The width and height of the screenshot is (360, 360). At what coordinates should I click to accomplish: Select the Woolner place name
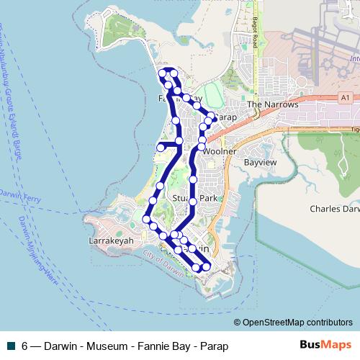(x=220, y=153)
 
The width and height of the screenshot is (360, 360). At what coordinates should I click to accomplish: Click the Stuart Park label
(x=195, y=197)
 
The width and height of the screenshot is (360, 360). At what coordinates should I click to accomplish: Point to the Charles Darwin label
(x=334, y=209)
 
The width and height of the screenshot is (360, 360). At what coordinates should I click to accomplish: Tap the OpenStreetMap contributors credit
(x=297, y=323)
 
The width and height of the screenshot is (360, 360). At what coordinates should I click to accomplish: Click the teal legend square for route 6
(x=12, y=346)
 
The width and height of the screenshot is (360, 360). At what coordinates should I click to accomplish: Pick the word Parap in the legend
(x=213, y=346)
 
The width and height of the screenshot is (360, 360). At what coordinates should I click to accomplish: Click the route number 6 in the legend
(x=25, y=346)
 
